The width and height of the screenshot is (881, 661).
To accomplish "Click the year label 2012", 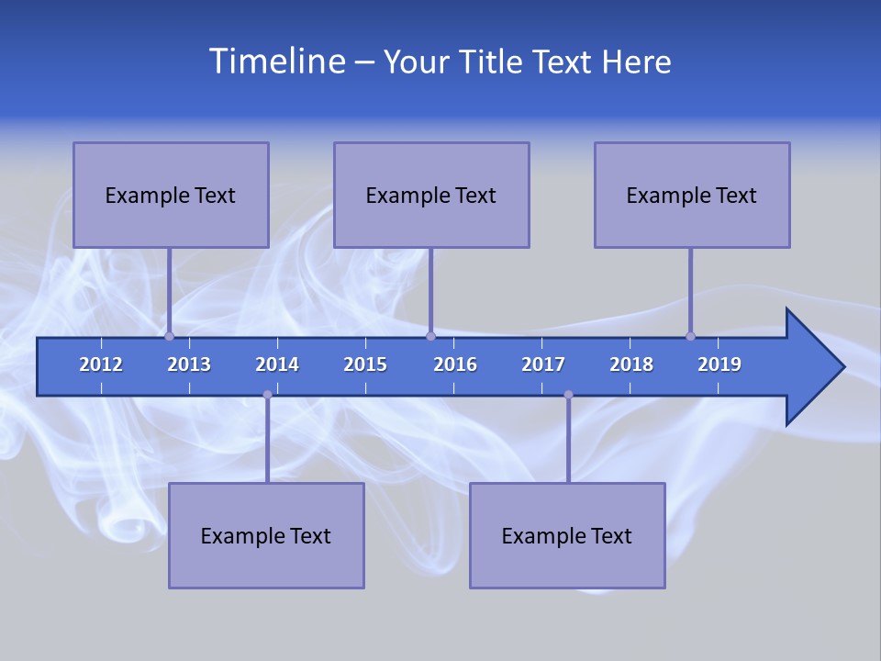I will point(101,364).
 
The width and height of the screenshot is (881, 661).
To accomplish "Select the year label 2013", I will point(189,364).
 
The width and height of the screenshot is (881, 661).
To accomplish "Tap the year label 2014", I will point(277,364).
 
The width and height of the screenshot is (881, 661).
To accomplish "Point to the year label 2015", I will point(365,364).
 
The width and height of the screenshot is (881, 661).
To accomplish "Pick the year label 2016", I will point(455,364).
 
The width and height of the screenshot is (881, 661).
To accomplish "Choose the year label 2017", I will point(543,364).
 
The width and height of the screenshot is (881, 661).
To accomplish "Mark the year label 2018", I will point(631,364).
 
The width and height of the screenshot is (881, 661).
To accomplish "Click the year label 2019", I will point(719,364).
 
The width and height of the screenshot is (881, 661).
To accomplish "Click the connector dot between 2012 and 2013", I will point(170,336).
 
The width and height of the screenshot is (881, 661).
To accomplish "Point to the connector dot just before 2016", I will point(430,336).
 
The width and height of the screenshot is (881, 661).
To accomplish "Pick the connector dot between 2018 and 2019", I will point(691,336).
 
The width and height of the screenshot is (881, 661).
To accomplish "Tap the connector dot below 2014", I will point(267,395).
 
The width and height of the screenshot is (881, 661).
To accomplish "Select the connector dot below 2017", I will point(568,395).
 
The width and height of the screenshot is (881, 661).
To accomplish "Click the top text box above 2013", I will point(171,195).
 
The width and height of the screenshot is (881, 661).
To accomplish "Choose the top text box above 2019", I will point(692,195).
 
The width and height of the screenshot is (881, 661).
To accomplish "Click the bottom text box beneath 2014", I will point(266,535).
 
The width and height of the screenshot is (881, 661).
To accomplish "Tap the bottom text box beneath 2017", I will point(567,535).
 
